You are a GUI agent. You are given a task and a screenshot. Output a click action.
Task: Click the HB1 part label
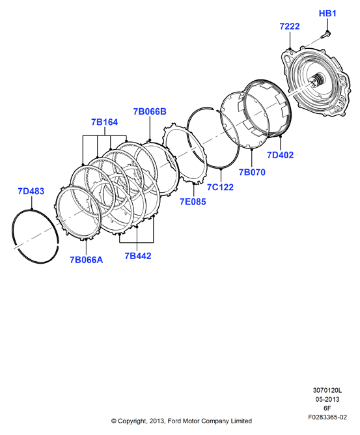coord(327,13)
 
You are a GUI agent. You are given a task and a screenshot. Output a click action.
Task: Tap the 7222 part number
coord(290,26)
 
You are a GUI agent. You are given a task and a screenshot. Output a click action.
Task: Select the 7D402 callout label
coord(280,155)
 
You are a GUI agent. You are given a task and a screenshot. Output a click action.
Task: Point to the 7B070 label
coord(252,173)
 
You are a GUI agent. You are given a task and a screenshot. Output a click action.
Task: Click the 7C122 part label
coord(220,188)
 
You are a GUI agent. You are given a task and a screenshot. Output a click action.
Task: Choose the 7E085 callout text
coord(193,202)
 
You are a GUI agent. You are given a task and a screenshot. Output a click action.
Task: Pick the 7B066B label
coord(150,111)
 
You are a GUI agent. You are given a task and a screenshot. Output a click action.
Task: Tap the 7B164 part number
coord(105,122)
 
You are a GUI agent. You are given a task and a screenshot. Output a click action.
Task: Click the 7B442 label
coord(138,256)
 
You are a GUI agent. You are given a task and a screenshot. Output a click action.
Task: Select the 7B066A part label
coord(86,260)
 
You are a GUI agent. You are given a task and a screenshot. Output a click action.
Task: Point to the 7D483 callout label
coord(31,191)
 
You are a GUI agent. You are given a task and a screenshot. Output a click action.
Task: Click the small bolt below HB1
coord(325,35)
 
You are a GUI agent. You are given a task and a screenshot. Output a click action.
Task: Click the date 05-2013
coord(327,399)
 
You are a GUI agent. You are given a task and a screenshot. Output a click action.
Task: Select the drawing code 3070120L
coord(327,390)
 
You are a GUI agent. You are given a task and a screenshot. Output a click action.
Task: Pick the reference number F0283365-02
coord(327,417)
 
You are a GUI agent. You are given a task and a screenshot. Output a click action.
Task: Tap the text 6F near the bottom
coord(327,408)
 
